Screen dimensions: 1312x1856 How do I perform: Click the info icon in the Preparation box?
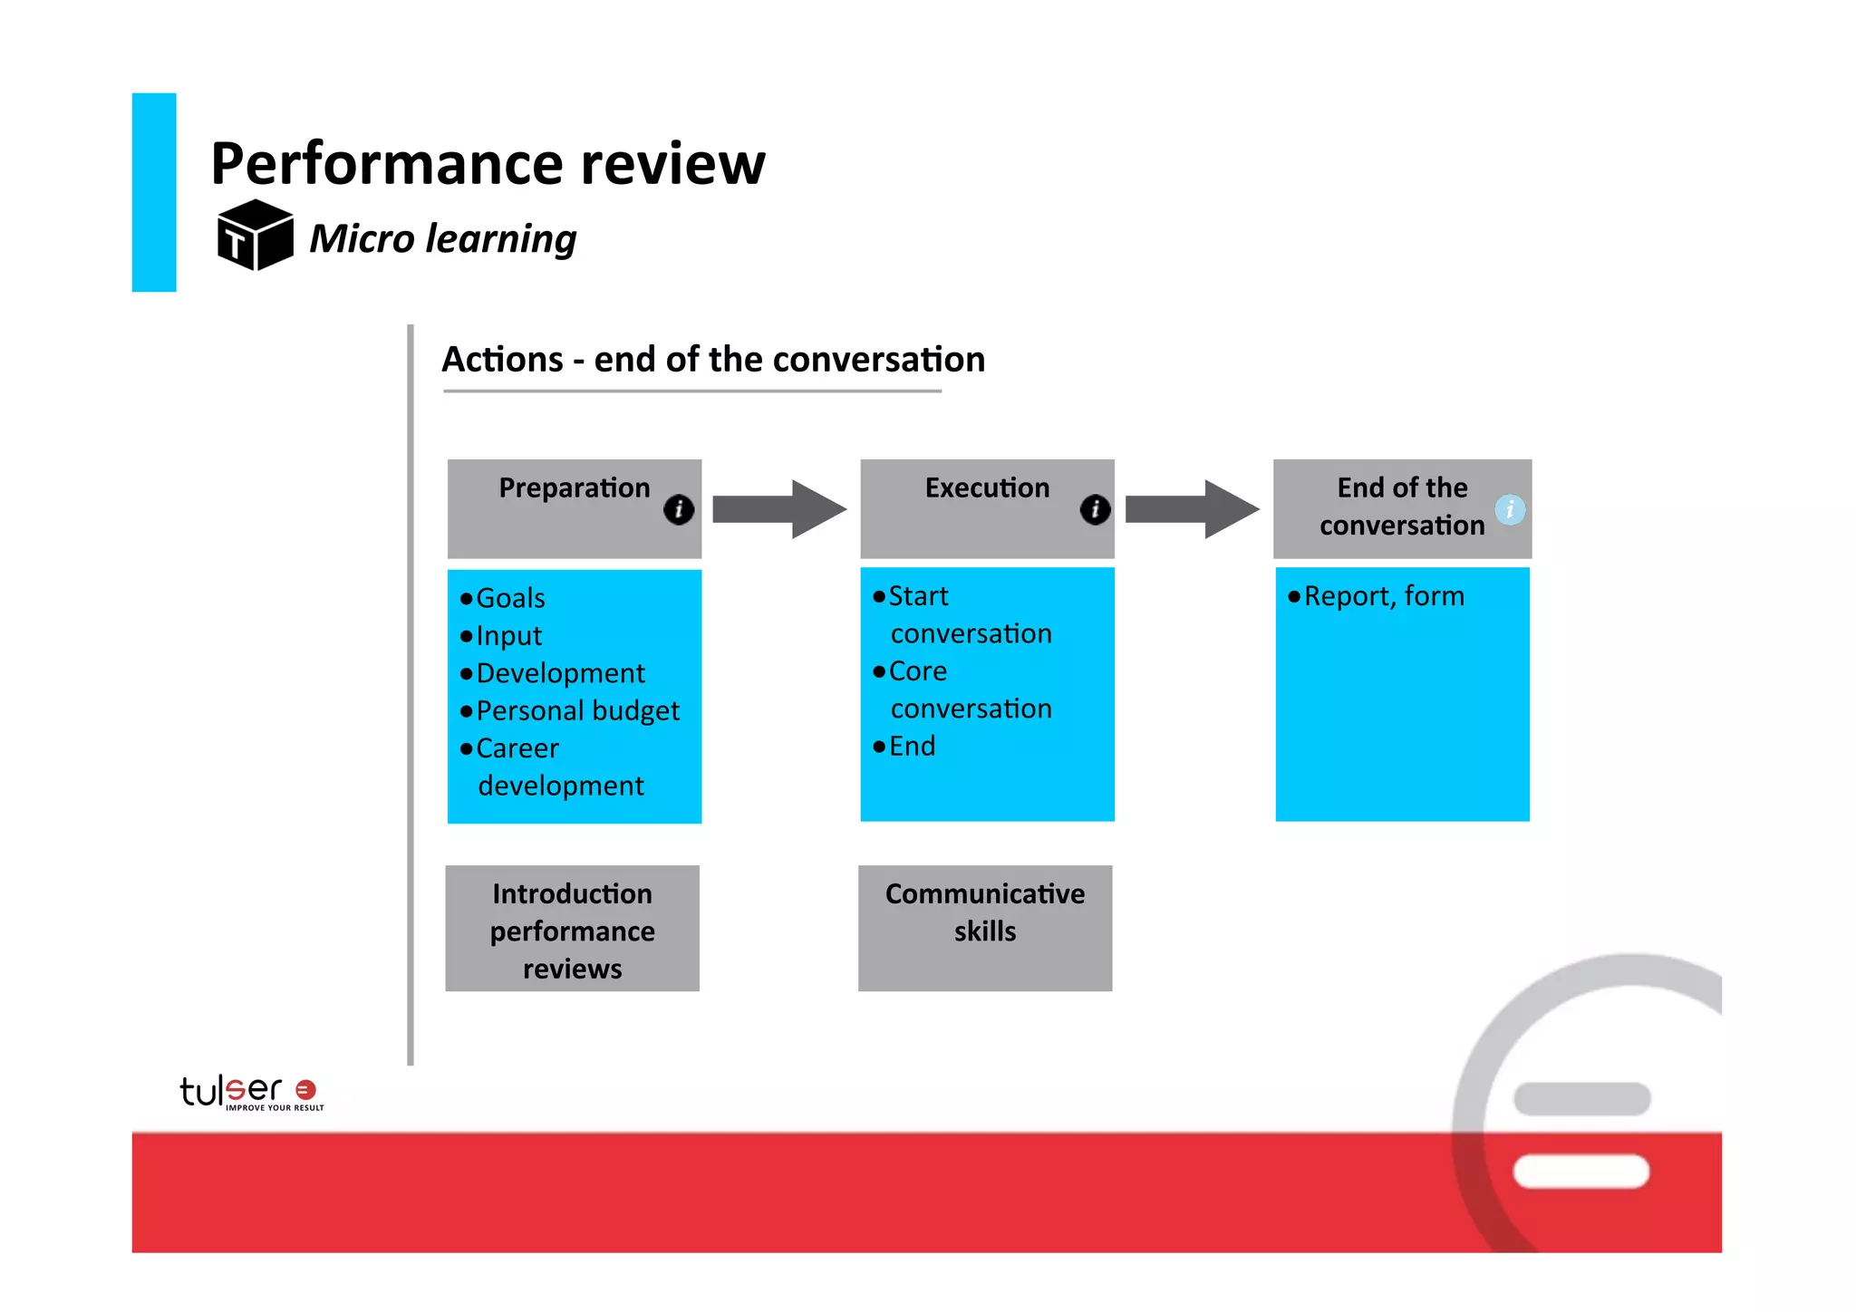point(679,509)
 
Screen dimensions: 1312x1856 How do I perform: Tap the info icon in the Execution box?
point(1095,509)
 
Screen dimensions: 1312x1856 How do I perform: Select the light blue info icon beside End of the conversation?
point(1509,509)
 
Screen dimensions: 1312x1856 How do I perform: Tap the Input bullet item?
point(508,636)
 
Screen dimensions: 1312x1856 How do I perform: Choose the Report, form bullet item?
point(1383,596)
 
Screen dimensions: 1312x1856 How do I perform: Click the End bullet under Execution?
point(911,746)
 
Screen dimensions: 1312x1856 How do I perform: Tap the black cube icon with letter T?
point(255,236)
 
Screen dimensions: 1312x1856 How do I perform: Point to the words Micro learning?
point(442,239)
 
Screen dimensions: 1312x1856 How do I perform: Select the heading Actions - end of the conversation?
point(712,360)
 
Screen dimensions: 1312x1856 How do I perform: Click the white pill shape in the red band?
point(1580,1171)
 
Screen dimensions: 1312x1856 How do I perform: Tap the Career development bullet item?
point(559,767)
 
